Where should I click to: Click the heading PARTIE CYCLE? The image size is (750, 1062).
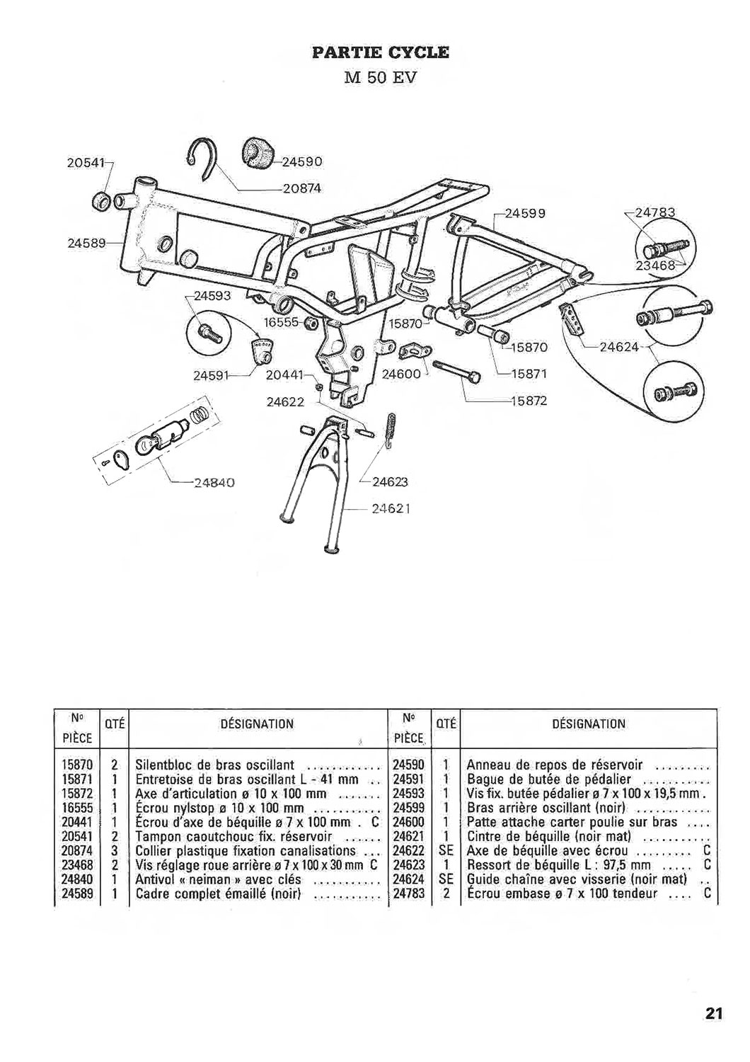[380, 52]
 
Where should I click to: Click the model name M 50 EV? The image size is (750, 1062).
[380, 77]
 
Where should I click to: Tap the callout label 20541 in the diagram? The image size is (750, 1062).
[86, 163]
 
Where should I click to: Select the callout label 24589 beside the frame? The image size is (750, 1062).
[86, 243]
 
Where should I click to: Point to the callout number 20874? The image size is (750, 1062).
[302, 189]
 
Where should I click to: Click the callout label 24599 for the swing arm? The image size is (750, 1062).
[525, 213]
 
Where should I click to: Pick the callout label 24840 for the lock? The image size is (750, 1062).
[214, 483]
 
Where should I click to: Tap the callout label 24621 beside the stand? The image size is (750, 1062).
[390, 509]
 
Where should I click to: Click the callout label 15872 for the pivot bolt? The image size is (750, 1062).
[529, 401]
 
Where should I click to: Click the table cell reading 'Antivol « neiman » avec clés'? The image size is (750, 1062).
[219, 879]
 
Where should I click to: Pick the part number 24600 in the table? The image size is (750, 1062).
[409, 822]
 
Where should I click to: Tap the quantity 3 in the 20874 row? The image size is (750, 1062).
[115, 850]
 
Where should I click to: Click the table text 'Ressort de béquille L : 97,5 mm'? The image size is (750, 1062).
[559, 864]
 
